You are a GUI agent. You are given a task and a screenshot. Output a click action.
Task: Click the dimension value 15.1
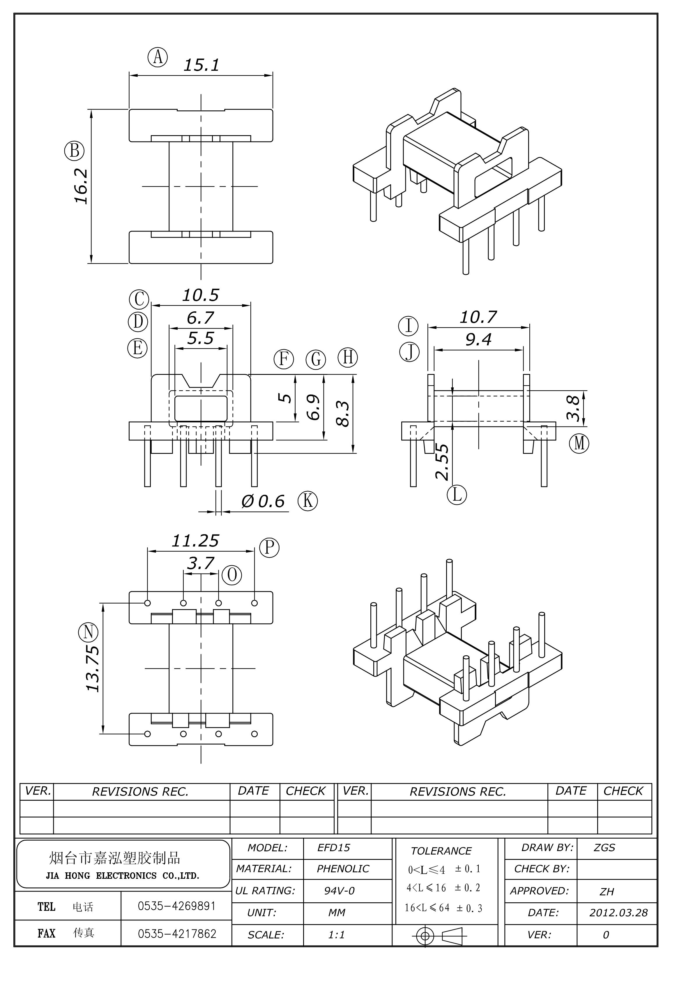tap(201, 65)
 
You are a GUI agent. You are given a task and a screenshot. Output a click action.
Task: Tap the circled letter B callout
tap(74, 151)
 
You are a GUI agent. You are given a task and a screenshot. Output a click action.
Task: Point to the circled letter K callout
tap(307, 500)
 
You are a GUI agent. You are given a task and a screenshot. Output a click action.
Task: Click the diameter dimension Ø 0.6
tap(263, 501)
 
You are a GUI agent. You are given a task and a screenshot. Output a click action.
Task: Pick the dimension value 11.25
tap(195, 541)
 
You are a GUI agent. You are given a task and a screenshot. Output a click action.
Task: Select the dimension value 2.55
tap(442, 462)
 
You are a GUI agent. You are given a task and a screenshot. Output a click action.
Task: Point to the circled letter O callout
tap(232, 575)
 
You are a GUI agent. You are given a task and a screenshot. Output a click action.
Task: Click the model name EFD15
tap(333, 848)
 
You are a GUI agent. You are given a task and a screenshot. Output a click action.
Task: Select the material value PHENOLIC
tap(343, 869)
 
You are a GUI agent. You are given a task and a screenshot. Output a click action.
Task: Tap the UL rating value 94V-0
tap(339, 891)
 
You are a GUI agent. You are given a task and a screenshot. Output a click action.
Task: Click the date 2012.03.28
tap(618, 913)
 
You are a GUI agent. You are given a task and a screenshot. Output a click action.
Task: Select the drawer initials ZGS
tap(604, 848)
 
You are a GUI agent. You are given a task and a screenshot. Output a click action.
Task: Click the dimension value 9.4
tap(478, 340)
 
